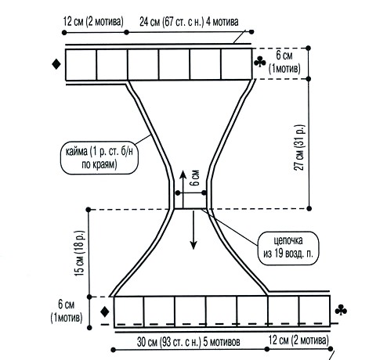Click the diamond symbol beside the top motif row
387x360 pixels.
pos(56,64)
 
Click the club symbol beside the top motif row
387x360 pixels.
pos(260,62)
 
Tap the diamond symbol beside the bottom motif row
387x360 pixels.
pos(105,311)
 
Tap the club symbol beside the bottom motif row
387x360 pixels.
pos(341,310)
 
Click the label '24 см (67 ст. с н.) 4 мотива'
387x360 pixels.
pos(189,22)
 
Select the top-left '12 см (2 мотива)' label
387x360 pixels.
pos(93,21)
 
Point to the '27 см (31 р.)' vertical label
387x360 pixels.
pos(299,148)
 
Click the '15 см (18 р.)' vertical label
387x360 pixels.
pos(80,254)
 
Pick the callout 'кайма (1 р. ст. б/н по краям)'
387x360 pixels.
pos(99,158)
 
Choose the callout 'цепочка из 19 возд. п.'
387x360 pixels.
pos(288,248)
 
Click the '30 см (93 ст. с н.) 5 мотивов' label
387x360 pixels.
pos(188,342)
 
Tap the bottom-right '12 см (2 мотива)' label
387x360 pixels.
pos(298,340)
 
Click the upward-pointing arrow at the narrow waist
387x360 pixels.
pos(183,189)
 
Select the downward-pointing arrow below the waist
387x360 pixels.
pos(193,230)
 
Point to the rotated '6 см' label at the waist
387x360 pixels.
pos(195,178)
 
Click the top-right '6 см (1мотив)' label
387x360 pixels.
pos(284,62)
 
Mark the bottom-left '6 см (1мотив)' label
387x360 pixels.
pos(67,311)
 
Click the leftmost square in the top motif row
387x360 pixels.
pos(81,65)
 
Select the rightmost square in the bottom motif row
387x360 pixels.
pos(314,311)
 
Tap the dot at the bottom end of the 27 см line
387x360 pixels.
pos(309,208)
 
